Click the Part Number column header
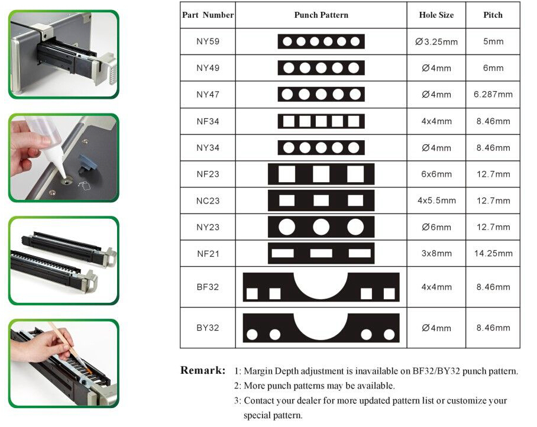[x=208, y=15]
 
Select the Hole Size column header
[x=436, y=15]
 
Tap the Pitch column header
[x=493, y=15]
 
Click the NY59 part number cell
[x=208, y=41]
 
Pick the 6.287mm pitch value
[x=493, y=95]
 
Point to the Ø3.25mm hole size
[x=436, y=42]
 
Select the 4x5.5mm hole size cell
[x=436, y=200]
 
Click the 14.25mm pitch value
[x=493, y=253]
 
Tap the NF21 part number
[x=208, y=254]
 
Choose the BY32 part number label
[x=208, y=328]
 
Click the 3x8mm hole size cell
[x=436, y=253]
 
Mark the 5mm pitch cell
[x=493, y=41]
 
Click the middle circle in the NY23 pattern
[x=321, y=227]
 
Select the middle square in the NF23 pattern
[x=321, y=174]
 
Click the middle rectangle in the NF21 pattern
[x=321, y=253]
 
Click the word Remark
[x=203, y=370]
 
